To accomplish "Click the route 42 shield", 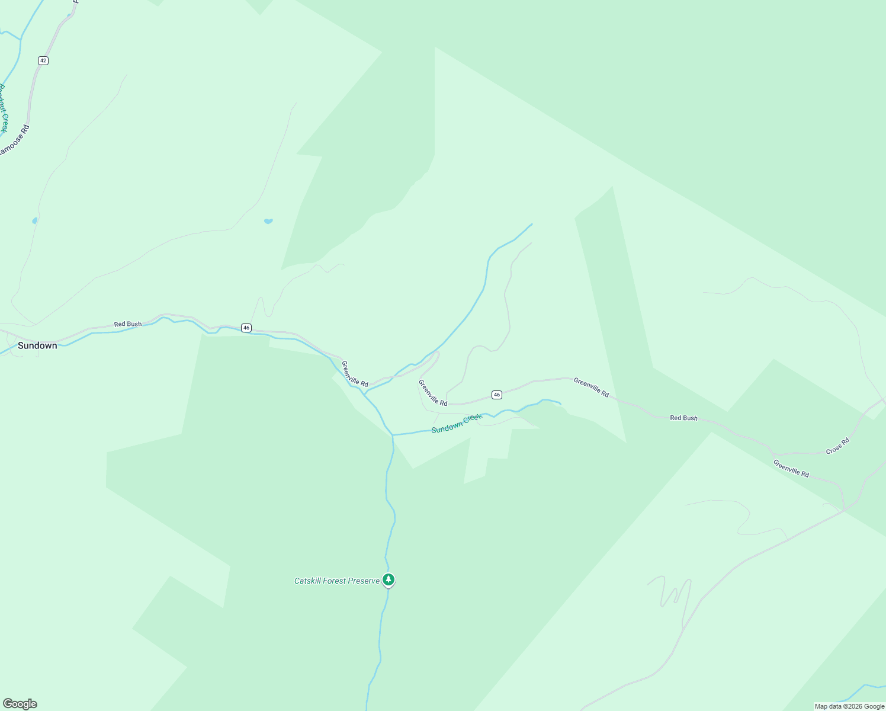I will [43, 60].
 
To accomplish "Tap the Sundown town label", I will [37, 345].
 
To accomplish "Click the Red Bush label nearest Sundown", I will [128, 324].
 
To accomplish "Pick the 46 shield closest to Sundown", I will [246, 328].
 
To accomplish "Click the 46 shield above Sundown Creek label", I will [497, 395].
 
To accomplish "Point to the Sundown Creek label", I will [457, 424].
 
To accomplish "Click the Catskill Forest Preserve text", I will [337, 581].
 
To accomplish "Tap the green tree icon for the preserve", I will [389, 579].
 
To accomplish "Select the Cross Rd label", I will [837, 446].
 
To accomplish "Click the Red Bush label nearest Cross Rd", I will [683, 418].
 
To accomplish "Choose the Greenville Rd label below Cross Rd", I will [791, 468].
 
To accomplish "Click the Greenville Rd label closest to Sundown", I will [355, 374].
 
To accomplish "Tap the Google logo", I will [20, 704].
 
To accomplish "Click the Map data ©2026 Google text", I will [849, 706].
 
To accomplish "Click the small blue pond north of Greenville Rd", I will [268, 221].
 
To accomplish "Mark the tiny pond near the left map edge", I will [35, 220].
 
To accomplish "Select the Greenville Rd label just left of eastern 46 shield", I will [433, 393].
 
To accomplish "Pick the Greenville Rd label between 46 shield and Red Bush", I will [591, 387].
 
